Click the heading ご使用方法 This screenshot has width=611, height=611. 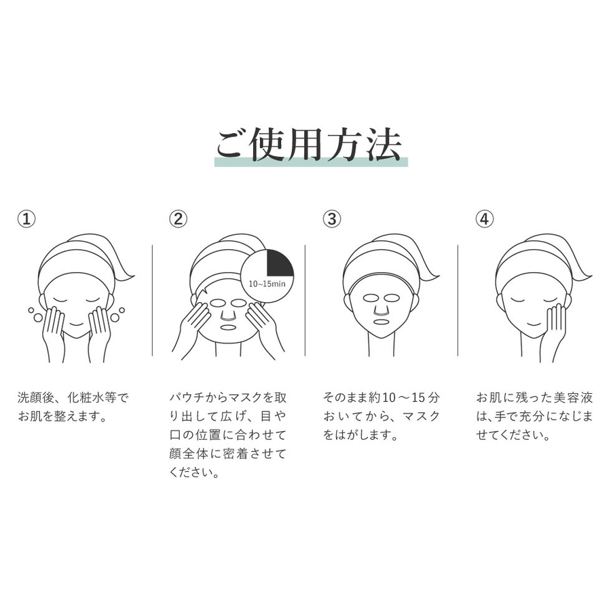tap(309, 145)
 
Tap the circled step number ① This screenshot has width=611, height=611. tap(26, 219)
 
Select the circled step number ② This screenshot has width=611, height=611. tap(178, 219)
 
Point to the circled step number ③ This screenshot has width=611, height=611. tap(331, 219)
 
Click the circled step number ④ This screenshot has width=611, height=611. tap(484, 219)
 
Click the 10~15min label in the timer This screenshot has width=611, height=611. tap(267, 284)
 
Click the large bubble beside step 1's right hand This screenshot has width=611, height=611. tap(115, 318)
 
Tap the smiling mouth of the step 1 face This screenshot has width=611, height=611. tap(76, 325)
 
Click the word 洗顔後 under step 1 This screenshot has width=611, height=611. tap(36, 398)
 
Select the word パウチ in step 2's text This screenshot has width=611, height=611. tap(189, 398)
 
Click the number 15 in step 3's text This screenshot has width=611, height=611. tap(418, 398)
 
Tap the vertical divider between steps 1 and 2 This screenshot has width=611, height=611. tap(152, 300)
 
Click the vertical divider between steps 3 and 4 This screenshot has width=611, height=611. tap(458, 300)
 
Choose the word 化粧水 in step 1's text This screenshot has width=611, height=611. tap(86, 398)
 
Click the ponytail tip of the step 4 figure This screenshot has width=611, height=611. tap(591, 277)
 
